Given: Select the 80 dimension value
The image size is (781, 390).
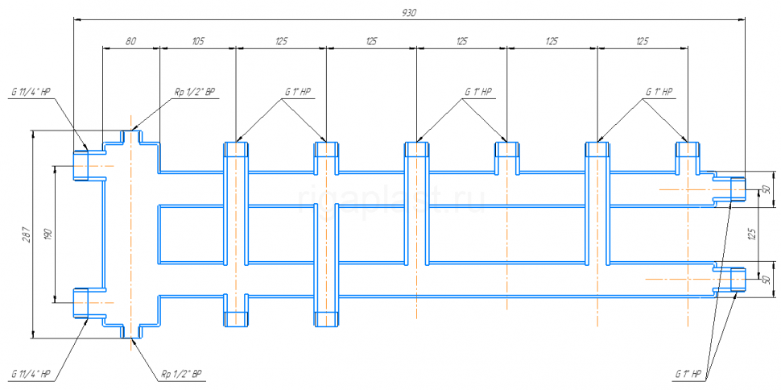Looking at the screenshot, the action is [130, 41].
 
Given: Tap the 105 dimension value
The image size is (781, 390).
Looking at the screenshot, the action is [198, 41].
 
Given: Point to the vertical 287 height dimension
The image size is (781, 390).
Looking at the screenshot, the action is [27, 234].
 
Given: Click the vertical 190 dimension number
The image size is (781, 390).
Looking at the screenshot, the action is [48, 234].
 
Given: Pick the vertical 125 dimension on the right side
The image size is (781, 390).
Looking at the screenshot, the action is [752, 234].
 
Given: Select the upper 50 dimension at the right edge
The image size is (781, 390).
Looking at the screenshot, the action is [766, 189].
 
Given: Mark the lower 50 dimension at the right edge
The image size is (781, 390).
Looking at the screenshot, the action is [766, 280].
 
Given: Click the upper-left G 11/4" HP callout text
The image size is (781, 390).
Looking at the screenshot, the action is [31, 93].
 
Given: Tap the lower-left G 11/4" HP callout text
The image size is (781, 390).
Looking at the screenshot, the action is [31, 374].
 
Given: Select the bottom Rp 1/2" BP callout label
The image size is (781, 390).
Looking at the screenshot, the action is [181, 374].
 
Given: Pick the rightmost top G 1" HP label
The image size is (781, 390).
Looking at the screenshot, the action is [659, 93].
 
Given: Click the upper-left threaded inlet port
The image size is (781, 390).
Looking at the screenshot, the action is [81, 165].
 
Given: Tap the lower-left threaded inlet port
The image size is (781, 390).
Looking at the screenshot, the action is [81, 303].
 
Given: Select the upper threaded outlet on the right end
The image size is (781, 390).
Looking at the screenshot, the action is [738, 189].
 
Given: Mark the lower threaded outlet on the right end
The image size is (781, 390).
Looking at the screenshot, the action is [738, 280].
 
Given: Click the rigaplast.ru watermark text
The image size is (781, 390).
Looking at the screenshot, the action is [391, 200].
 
